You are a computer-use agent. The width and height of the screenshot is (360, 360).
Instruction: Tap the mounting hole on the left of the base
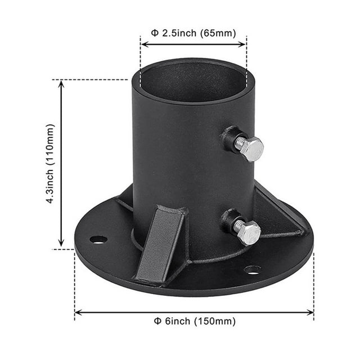[98, 239]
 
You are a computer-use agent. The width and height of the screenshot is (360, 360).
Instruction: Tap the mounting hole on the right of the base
[252, 269]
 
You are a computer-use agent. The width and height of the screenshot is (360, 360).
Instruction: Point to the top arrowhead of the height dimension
[61, 82]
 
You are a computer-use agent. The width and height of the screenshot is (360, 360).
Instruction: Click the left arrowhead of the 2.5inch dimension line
[143, 43]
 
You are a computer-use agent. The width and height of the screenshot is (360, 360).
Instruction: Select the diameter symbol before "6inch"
[158, 321]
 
